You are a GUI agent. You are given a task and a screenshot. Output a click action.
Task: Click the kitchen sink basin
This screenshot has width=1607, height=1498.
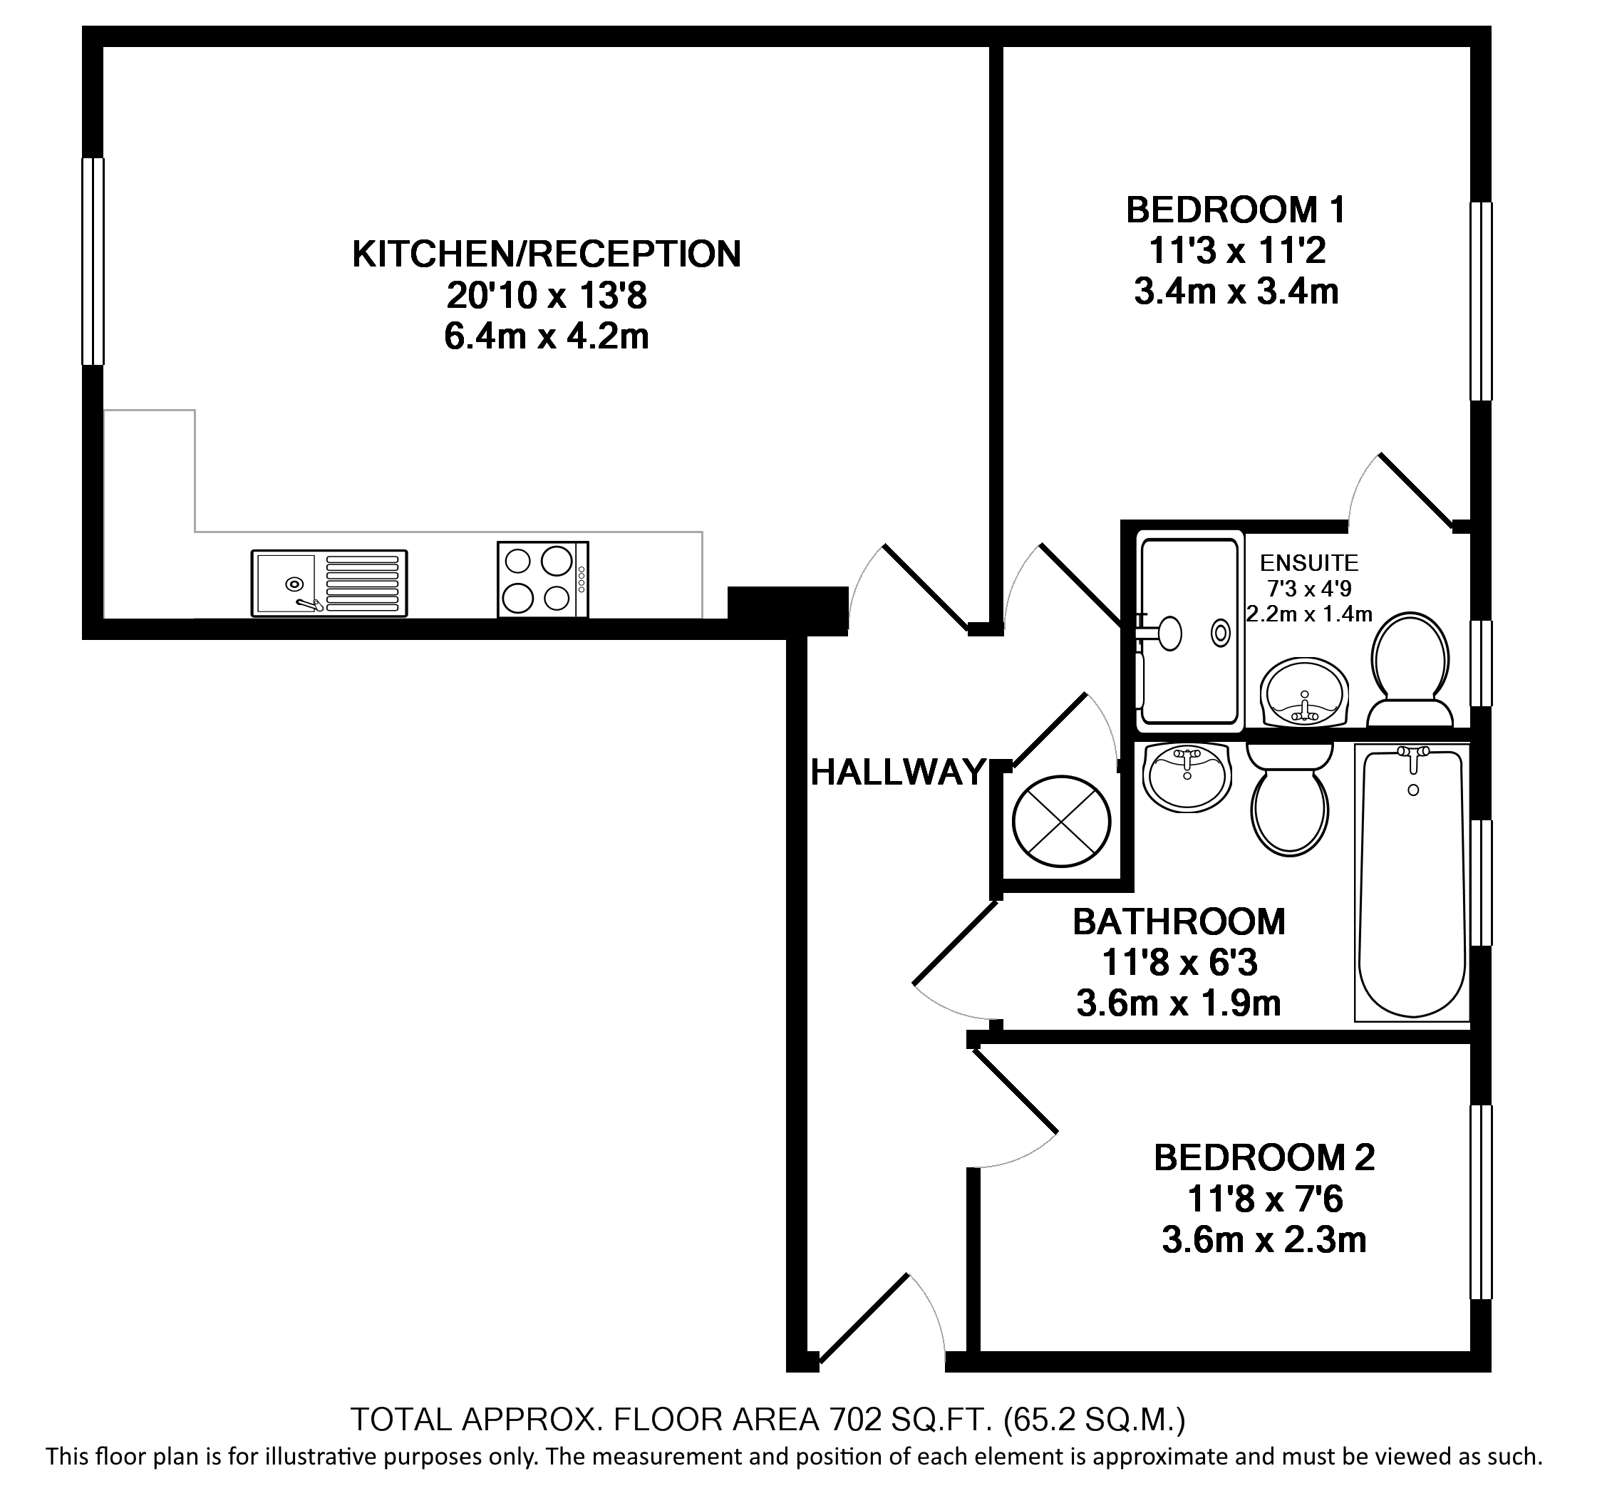pos(284,583)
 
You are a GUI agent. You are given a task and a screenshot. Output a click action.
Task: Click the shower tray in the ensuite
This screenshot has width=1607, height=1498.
pos(1189,631)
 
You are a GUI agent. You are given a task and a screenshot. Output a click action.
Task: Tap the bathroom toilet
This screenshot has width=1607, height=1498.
pos(1289,800)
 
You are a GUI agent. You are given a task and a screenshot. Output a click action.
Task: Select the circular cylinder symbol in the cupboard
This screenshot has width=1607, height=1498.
pos(1061,822)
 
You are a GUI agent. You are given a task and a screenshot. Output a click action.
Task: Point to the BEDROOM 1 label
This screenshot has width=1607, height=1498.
pos(1236,210)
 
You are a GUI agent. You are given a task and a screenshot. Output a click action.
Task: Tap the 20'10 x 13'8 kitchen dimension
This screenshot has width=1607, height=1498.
pos(547,296)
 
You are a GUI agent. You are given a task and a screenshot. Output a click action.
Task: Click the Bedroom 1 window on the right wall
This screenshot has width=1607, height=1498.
pos(1480,301)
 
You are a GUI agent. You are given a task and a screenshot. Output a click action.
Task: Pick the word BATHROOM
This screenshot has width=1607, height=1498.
pos(1179,921)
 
